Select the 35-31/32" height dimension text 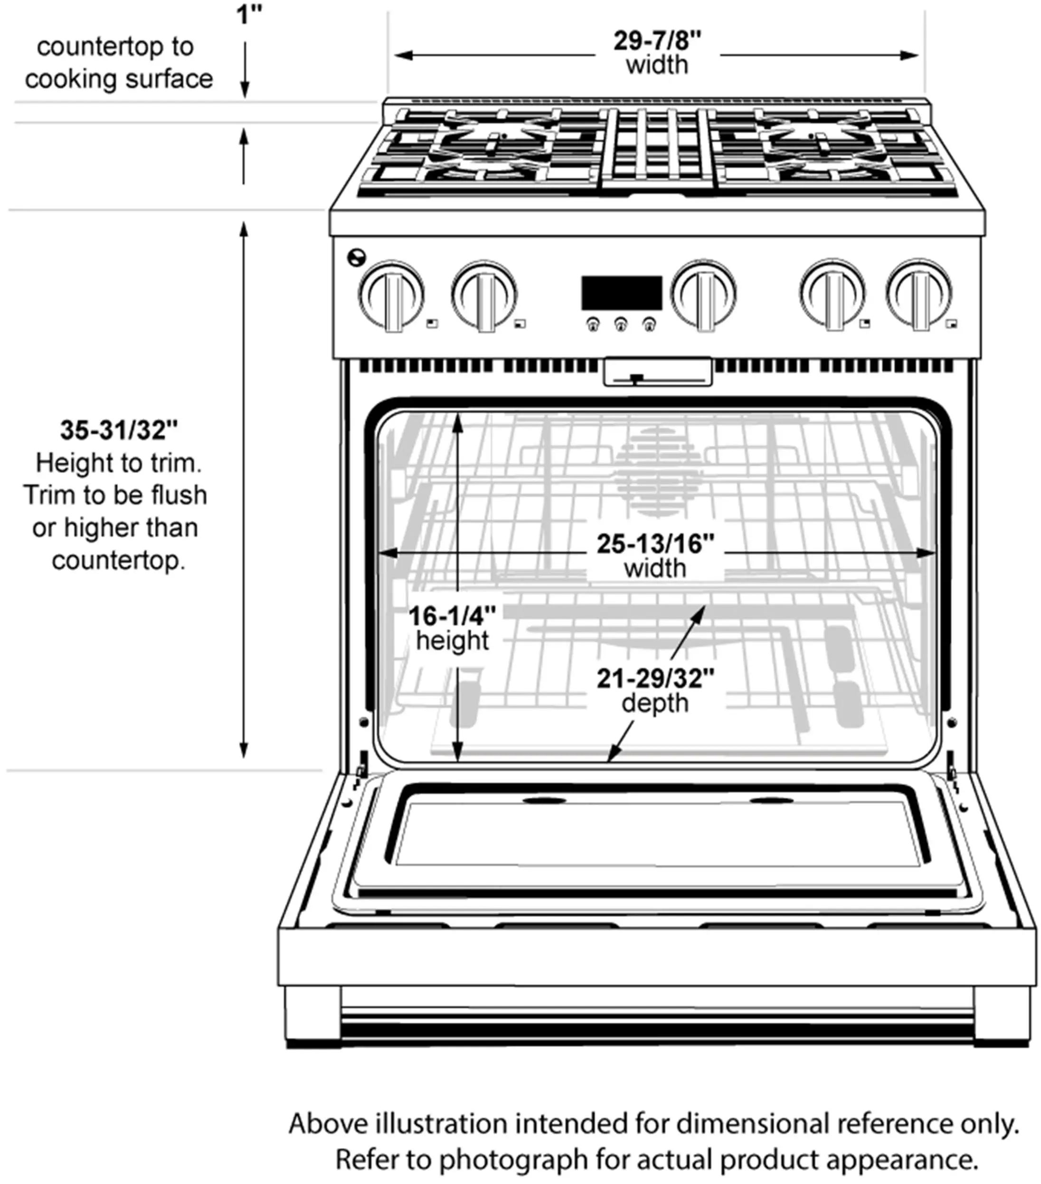[x=119, y=430]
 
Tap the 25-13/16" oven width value [x=656, y=544]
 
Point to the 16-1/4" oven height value [x=452, y=616]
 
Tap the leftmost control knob [x=391, y=296]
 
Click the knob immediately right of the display [x=703, y=295]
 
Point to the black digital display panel [x=622, y=293]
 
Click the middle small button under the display [x=621, y=325]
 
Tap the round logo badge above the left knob [x=357, y=257]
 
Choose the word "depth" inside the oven [x=655, y=703]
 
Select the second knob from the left [x=484, y=296]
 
